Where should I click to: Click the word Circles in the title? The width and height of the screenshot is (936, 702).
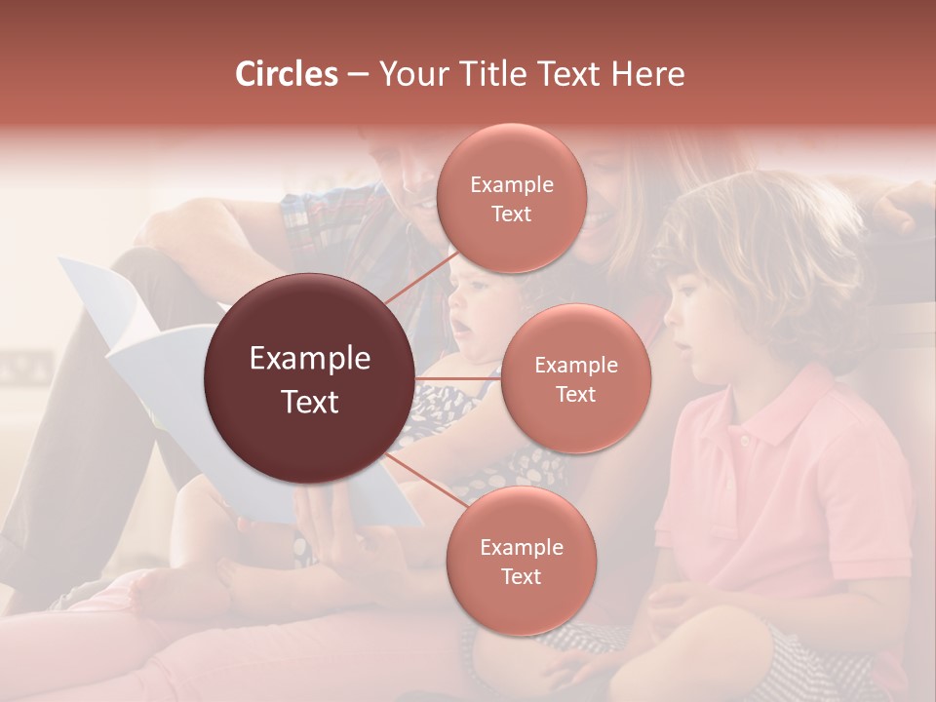coord(286,74)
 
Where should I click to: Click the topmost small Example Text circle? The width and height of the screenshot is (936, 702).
coord(511,199)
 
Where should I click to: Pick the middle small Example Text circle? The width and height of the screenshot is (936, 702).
coord(575,378)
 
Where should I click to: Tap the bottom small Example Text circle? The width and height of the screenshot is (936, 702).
coord(521,561)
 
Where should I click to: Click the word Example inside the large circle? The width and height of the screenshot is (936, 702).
coord(310,359)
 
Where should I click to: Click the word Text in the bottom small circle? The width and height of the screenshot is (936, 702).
coord(521,576)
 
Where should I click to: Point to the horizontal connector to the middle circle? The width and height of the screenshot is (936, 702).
coord(458,378)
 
